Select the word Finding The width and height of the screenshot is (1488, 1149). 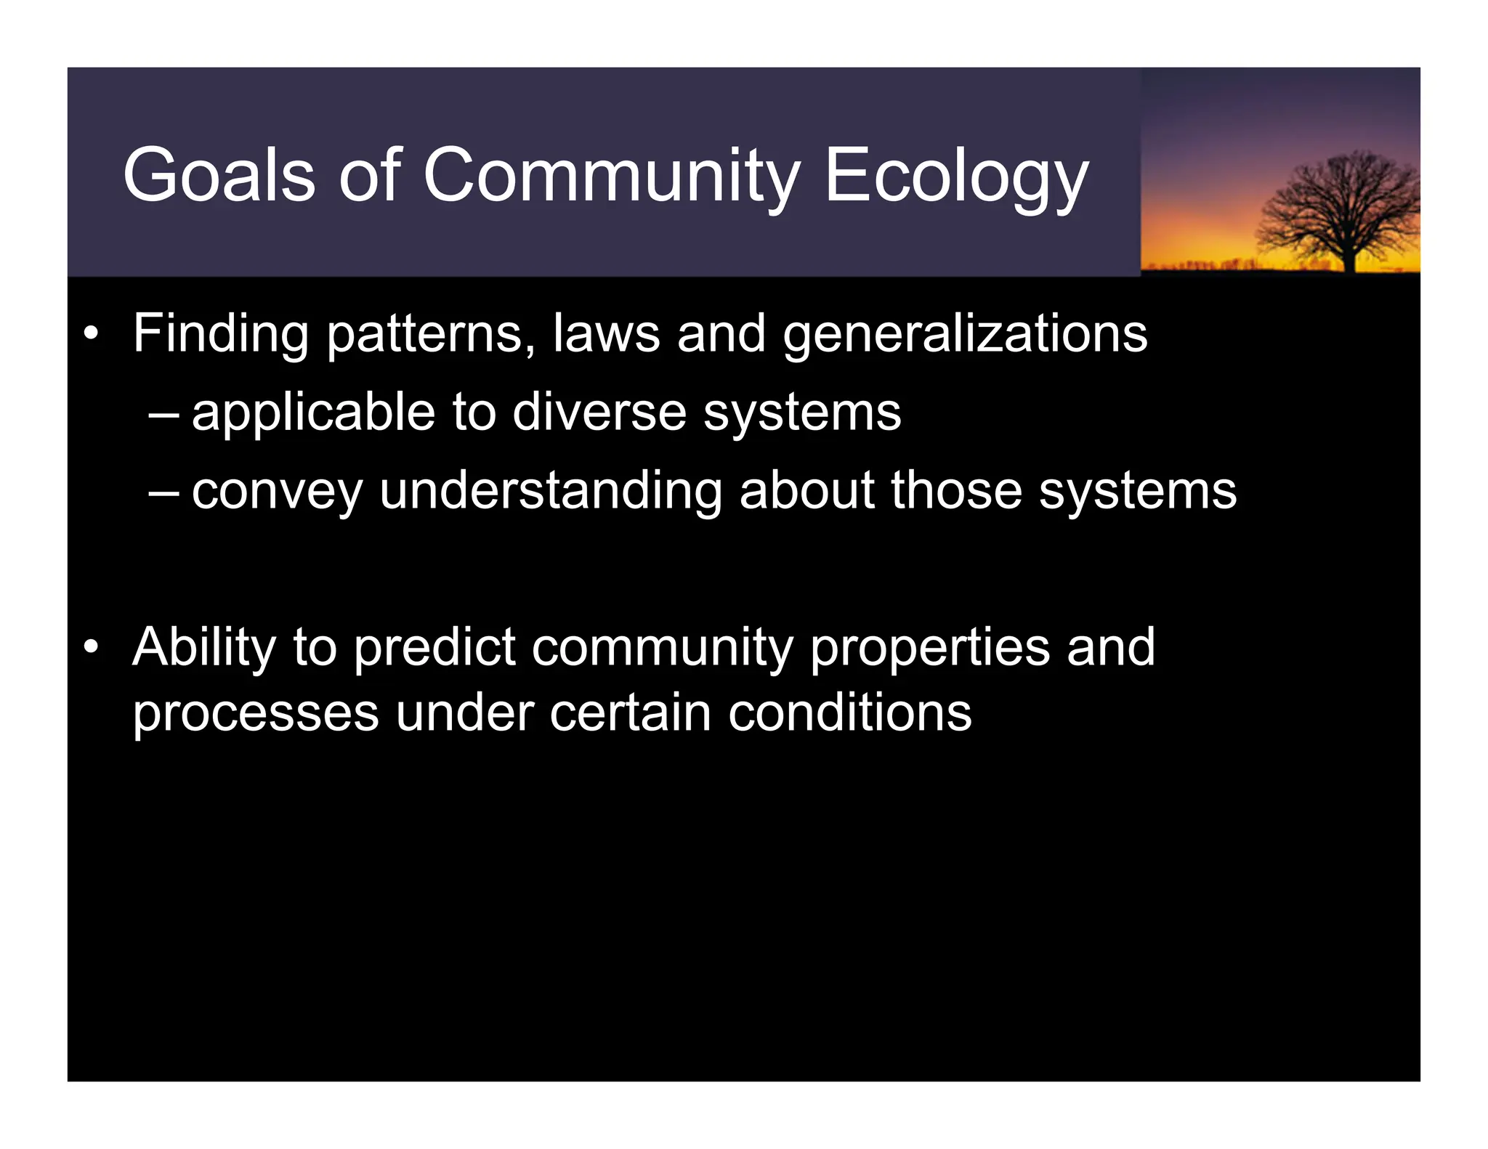[x=221, y=333]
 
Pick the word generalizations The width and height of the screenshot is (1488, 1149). [x=965, y=335]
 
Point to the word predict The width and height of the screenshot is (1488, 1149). [x=434, y=648]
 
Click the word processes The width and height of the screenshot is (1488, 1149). [x=256, y=714]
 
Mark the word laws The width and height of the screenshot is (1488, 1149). [x=606, y=333]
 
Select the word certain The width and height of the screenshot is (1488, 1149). [x=630, y=712]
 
